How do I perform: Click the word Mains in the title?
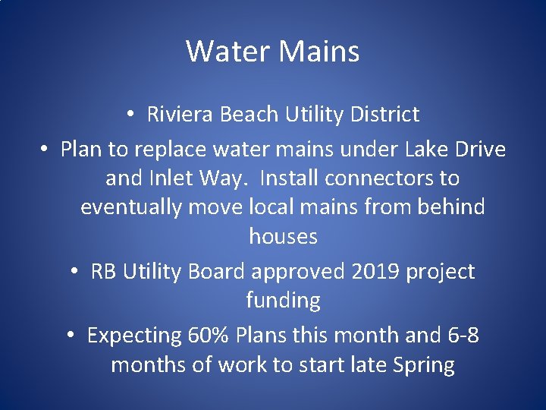[318, 52]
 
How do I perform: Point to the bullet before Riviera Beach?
[131, 115]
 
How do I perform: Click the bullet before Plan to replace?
[45, 150]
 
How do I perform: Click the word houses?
[283, 237]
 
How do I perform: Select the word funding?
[283, 301]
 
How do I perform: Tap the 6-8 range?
[460, 336]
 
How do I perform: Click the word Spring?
[423, 365]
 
